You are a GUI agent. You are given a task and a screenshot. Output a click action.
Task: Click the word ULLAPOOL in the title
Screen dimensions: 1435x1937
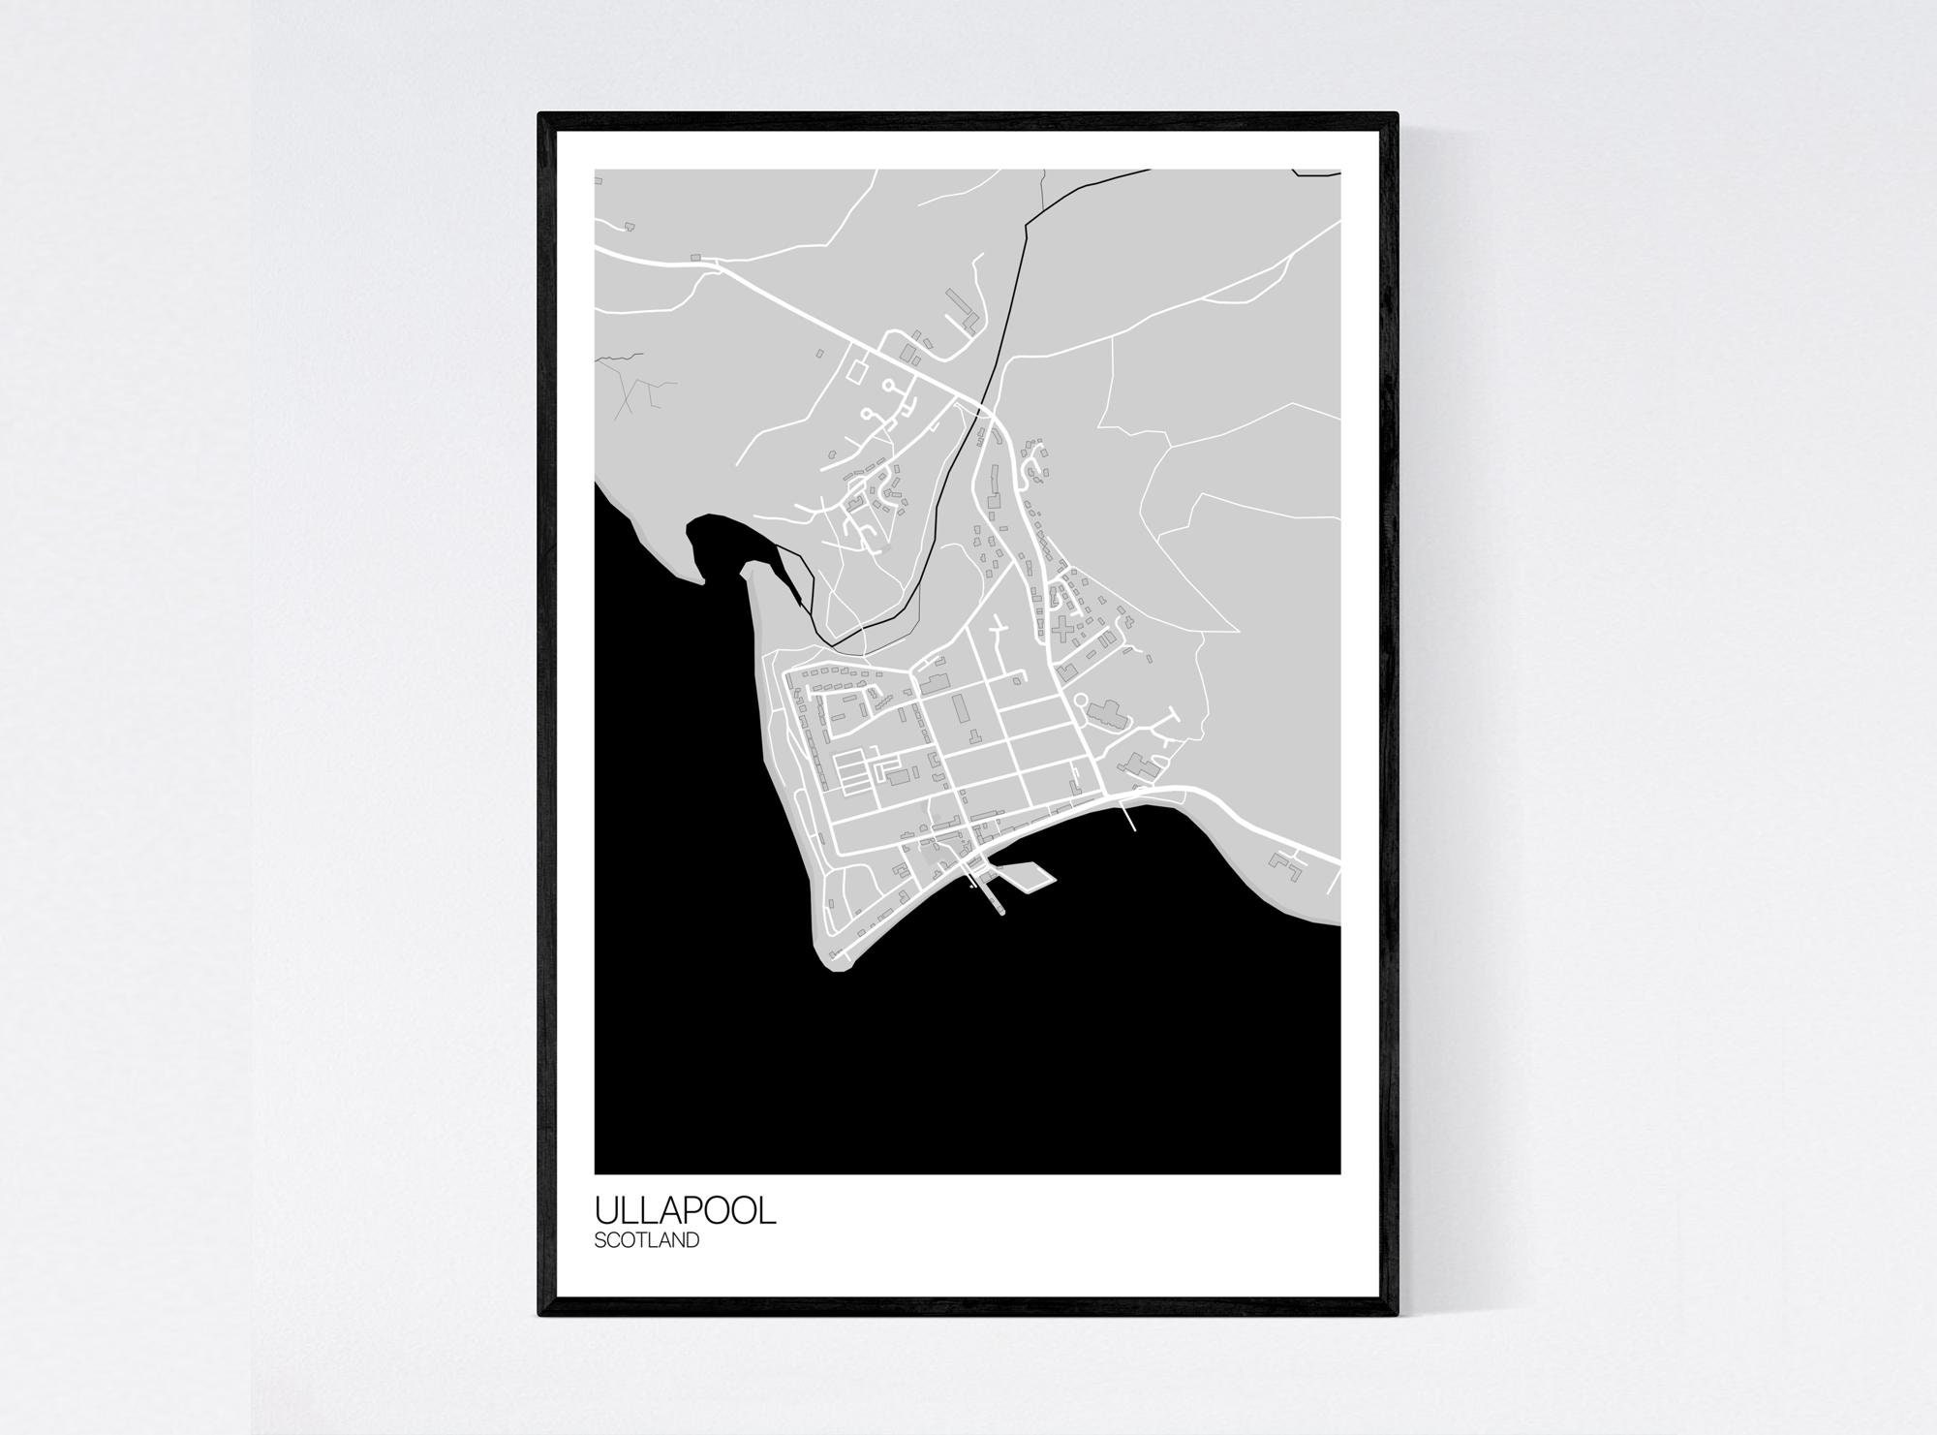click(x=685, y=1210)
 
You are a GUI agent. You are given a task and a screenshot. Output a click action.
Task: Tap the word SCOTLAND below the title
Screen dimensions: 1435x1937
click(x=646, y=1239)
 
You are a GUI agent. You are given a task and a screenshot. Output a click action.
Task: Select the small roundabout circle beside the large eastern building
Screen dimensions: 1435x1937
click(x=1080, y=699)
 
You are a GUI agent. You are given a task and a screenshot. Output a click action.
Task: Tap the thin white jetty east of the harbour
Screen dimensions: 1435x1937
click(x=1127, y=820)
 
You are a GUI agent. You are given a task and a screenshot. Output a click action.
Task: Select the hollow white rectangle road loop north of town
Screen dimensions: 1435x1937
click(x=858, y=368)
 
